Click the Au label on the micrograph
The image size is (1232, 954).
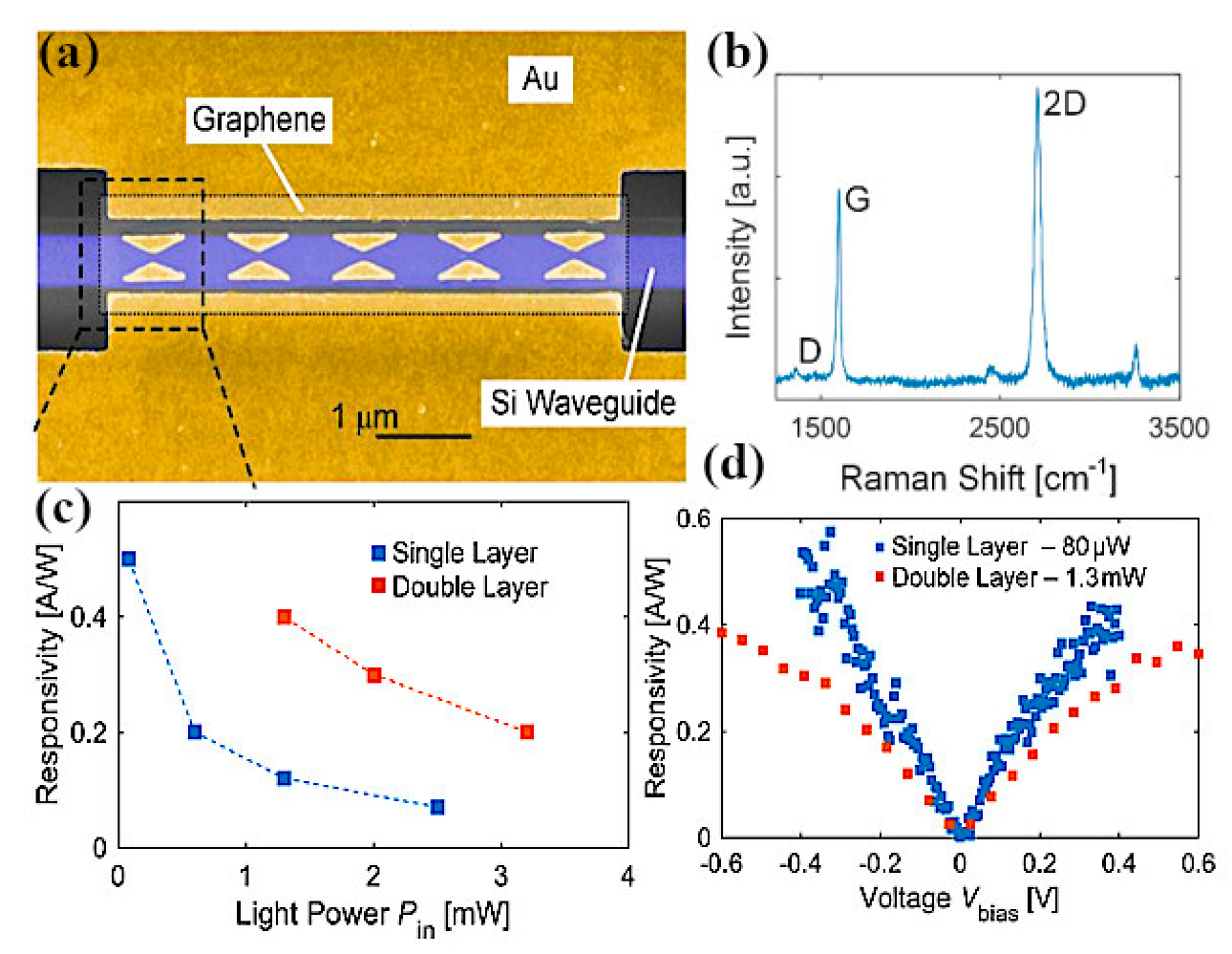click(x=540, y=78)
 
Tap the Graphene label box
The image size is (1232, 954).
click(x=259, y=119)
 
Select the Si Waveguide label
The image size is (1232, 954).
click(x=583, y=403)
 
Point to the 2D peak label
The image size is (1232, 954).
click(x=1064, y=103)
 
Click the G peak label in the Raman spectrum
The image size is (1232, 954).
click(x=858, y=200)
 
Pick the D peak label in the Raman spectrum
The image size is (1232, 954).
click(x=809, y=351)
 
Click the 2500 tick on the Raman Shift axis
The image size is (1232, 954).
click(x=1000, y=428)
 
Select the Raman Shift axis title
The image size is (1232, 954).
click(x=977, y=477)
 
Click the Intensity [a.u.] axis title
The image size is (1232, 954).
click(x=739, y=237)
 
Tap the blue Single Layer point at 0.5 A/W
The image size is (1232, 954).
click(x=129, y=559)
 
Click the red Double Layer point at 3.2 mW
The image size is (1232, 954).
click(x=526, y=732)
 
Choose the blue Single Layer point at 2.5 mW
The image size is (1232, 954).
click(x=437, y=807)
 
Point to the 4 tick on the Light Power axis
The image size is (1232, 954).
click(x=627, y=876)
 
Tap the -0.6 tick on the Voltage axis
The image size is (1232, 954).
click(x=722, y=863)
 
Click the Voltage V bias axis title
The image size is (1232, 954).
click(x=958, y=900)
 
